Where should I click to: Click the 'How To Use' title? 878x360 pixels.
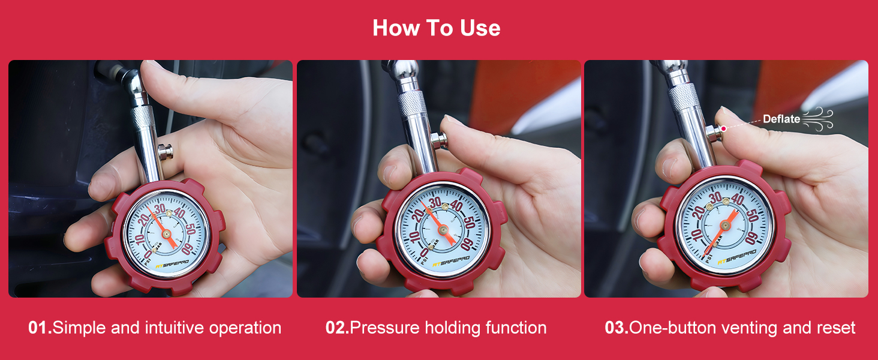coord(436,28)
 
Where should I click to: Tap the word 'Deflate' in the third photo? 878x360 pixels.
coord(781,119)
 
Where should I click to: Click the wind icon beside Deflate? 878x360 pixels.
coord(818,118)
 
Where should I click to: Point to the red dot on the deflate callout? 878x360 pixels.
coord(724,128)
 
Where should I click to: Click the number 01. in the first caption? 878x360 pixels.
coord(40,328)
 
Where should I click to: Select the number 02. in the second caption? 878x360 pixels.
coord(336,328)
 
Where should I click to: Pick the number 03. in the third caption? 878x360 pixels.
coord(616,328)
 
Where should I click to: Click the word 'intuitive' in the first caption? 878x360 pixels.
coord(174,328)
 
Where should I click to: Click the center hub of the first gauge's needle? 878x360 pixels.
coord(166,233)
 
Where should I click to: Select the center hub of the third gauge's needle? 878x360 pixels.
coord(725,225)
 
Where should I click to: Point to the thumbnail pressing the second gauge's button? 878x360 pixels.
coord(449,124)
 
